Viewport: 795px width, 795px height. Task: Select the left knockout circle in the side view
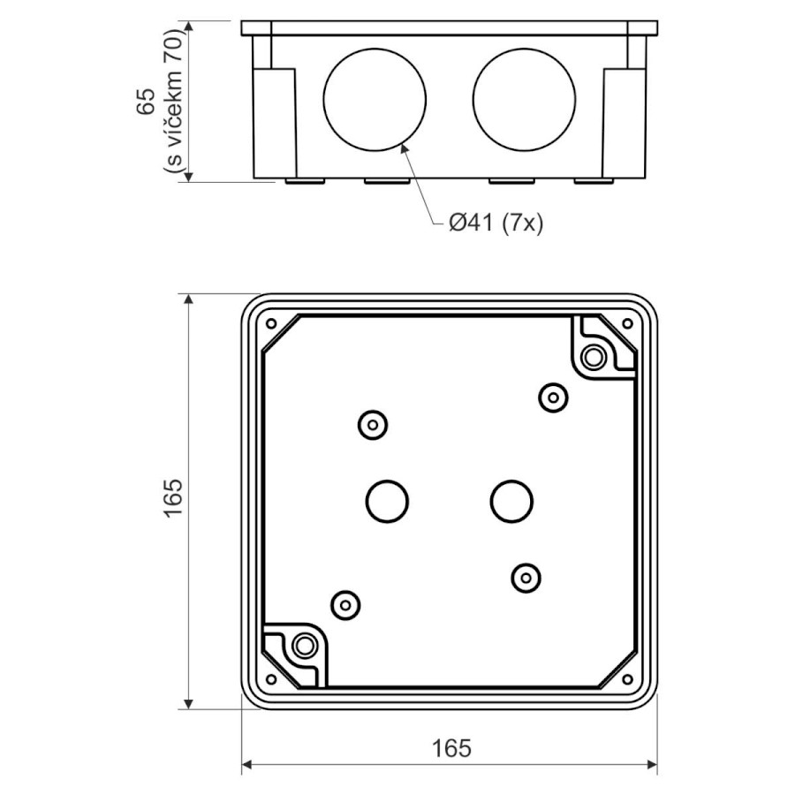(375, 49)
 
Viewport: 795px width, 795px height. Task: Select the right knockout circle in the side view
(524, 49)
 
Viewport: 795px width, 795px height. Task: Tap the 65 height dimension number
(146, 102)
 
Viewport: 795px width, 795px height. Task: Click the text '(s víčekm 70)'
(173, 102)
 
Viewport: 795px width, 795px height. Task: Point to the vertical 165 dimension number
(173, 497)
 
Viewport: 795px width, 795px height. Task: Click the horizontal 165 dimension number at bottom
(451, 748)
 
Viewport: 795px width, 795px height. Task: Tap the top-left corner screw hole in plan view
(271, 323)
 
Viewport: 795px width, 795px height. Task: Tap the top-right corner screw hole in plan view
(627, 323)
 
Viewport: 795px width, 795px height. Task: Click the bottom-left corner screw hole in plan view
(271, 679)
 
